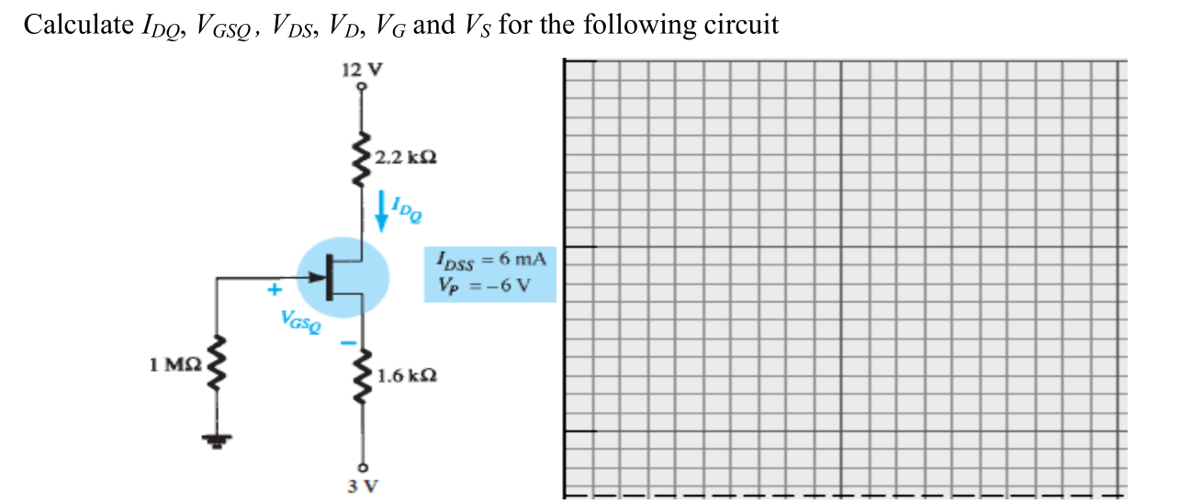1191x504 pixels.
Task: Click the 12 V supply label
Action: coord(361,69)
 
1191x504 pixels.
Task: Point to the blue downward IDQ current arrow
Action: coord(381,213)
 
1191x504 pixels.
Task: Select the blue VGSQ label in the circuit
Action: coord(303,321)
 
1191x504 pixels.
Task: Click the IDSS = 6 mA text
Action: coord(492,261)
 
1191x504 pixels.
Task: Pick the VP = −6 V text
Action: coord(486,282)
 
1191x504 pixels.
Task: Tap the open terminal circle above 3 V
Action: coord(362,465)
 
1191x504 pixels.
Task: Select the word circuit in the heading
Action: coord(741,25)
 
